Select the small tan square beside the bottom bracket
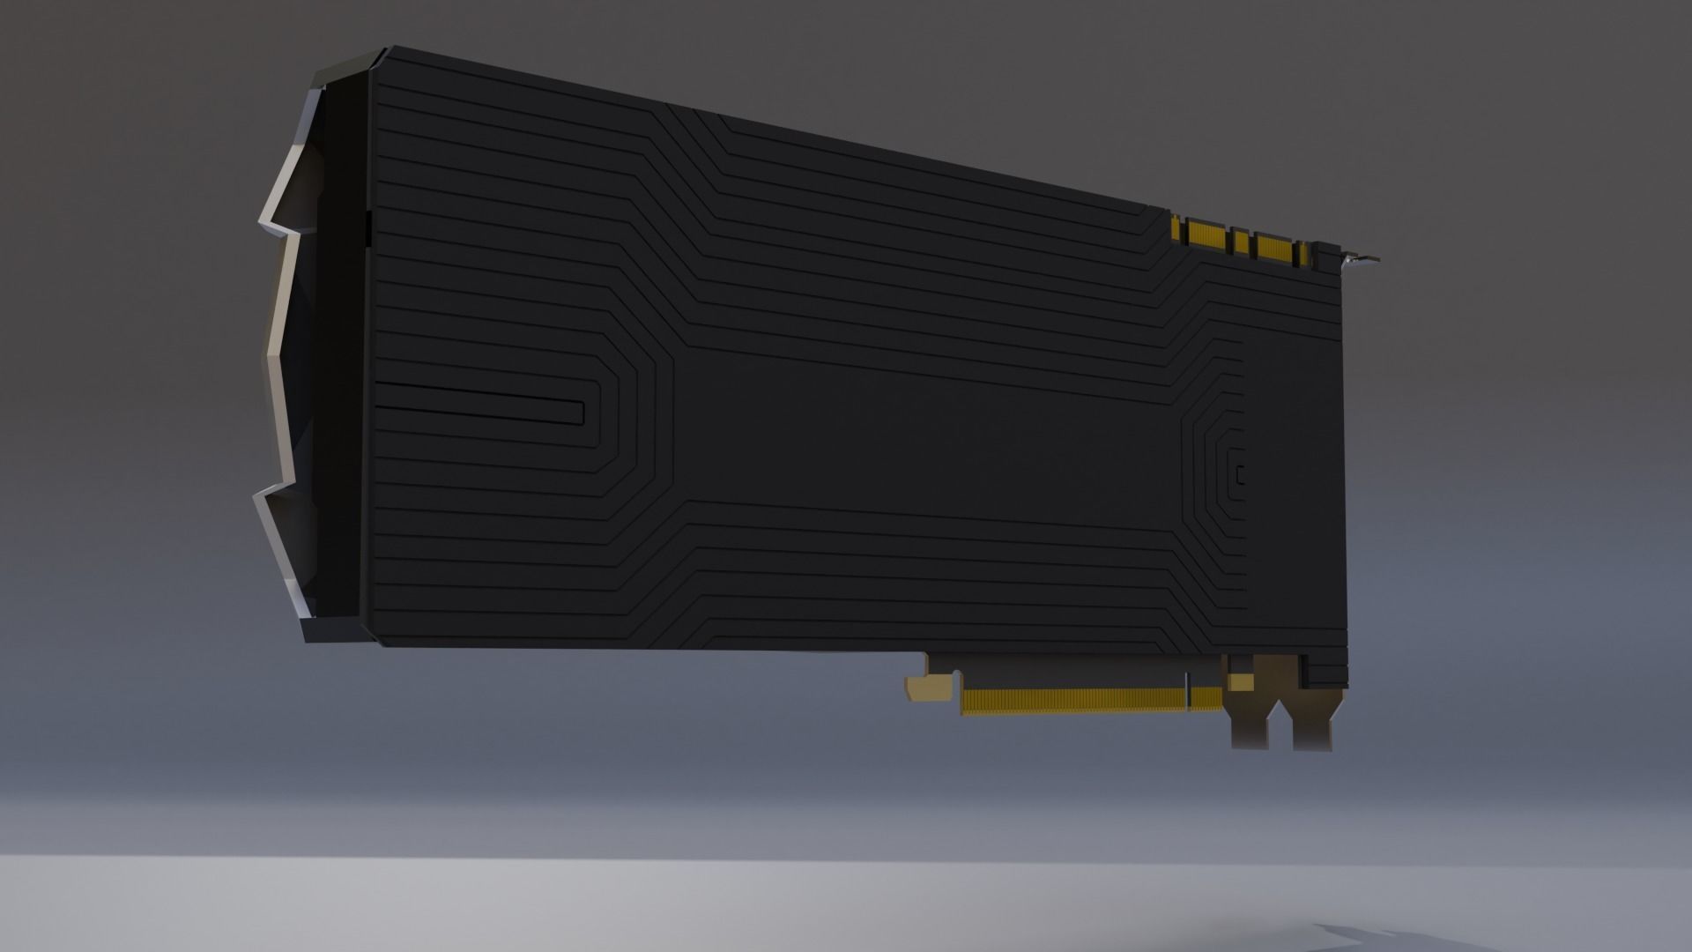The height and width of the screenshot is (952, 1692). coord(1242,682)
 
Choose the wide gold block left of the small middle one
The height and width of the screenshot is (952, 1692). coord(1209,235)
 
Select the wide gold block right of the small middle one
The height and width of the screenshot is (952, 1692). coord(1274,245)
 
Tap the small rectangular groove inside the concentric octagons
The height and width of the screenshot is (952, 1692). coord(1241,475)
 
